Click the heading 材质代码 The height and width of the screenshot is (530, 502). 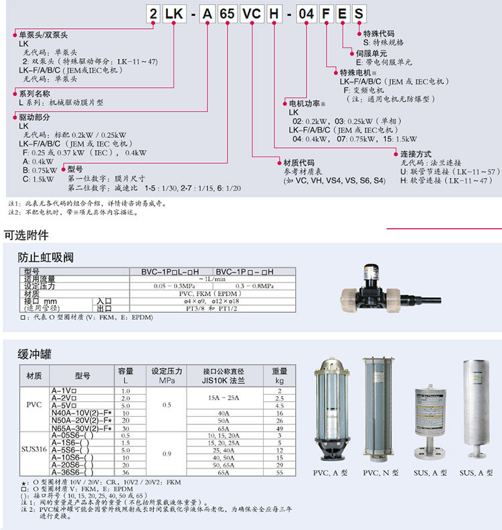(299, 163)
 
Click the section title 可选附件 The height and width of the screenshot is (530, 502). (26, 236)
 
